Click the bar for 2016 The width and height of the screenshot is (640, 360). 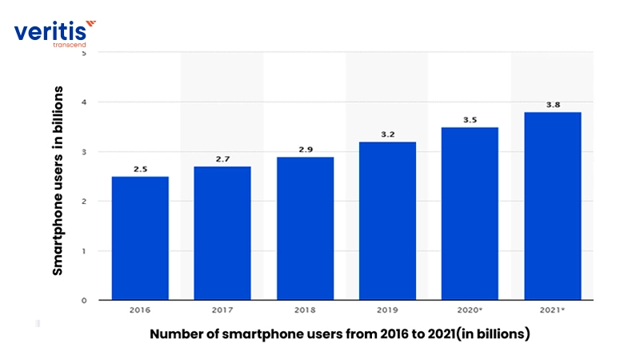point(140,238)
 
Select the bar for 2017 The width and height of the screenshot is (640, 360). point(222,234)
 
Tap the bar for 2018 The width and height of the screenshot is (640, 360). point(305,229)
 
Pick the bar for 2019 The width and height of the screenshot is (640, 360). point(387,221)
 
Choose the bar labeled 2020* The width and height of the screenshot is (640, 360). point(470,214)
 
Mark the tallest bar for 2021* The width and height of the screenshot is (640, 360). point(552,206)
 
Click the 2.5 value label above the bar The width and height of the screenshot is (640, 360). point(140,169)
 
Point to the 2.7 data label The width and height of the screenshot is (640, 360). point(222,159)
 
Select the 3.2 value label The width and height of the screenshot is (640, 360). point(387,134)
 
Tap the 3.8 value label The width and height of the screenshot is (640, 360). point(552,105)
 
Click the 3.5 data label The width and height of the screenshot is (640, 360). point(470,120)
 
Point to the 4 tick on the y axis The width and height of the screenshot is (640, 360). point(84,102)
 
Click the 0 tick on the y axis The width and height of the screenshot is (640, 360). point(84,300)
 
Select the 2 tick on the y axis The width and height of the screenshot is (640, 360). point(84,202)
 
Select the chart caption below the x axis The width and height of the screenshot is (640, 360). point(340,335)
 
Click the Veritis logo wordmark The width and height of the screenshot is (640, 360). point(50,32)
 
